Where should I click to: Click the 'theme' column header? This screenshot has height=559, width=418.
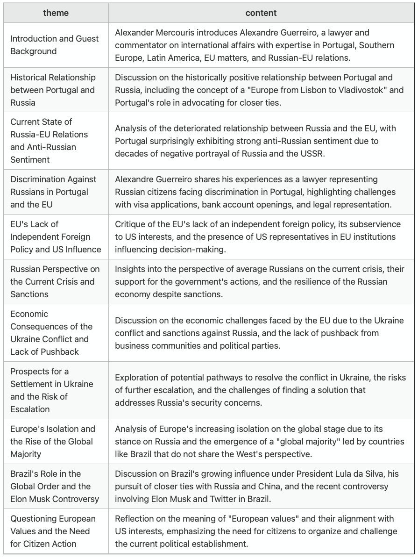pyautogui.click(x=56, y=13)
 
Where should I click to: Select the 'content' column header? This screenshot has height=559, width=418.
pyautogui.click(x=261, y=13)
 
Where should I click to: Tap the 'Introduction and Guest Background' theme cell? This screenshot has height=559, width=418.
pyautogui.click(x=55, y=45)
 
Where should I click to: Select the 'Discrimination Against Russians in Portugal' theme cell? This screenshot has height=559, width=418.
pyautogui.click(x=53, y=192)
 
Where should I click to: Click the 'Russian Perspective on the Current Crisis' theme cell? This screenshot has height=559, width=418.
pyautogui.click(x=55, y=281)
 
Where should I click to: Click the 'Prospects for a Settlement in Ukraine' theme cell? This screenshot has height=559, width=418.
pyautogui.click(x=52, y=390)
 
